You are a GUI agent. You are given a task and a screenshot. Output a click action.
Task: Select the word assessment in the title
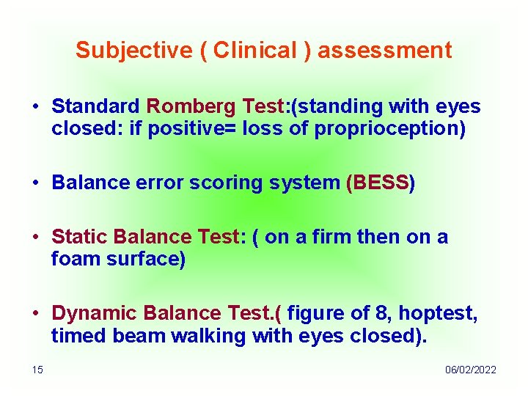[385, 51]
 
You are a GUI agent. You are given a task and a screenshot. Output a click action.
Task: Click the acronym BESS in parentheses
[381, 183]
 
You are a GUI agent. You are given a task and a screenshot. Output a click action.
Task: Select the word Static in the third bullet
[80, 237]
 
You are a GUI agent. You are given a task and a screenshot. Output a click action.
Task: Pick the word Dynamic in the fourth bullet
[95, 313]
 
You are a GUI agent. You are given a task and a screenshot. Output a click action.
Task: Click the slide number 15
[37, 370]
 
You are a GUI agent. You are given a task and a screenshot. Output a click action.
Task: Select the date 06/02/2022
[470, 370]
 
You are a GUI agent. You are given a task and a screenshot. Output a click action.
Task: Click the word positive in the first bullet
[185, 130]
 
